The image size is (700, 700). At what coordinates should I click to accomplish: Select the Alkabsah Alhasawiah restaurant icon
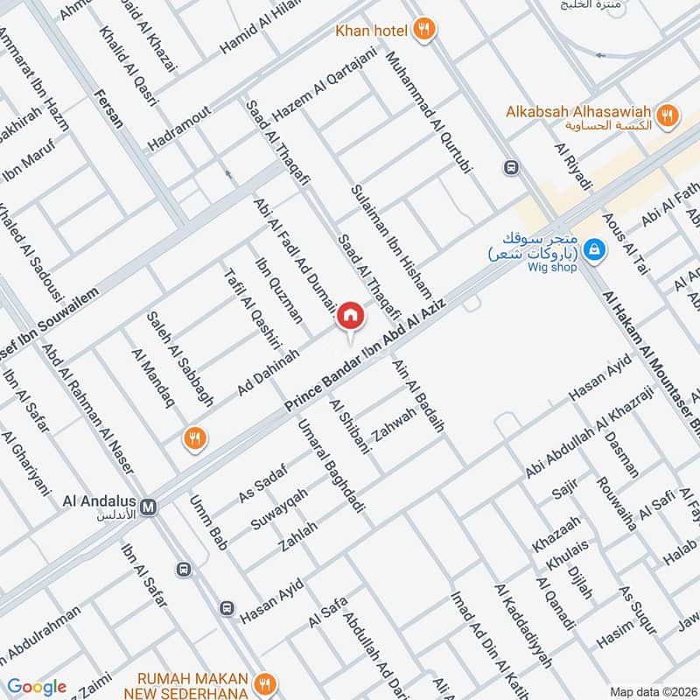(x=668, y=115)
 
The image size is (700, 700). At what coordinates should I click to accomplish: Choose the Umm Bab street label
(x=208, y=522)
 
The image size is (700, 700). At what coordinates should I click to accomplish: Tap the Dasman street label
(x=622, y=455)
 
